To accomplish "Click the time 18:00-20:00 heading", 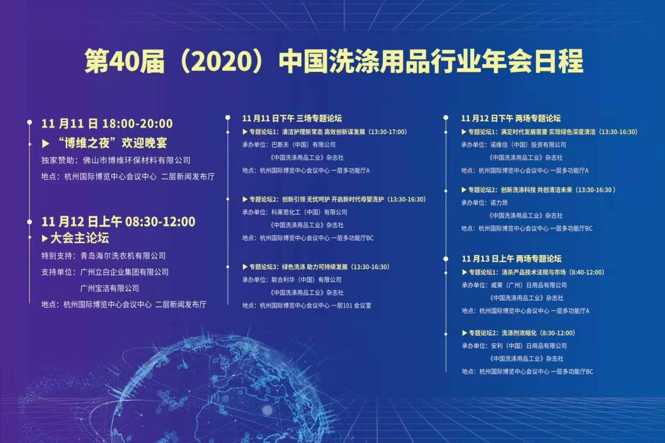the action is [x=137, y=123].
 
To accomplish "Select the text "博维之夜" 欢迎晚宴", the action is [x=112, y=143].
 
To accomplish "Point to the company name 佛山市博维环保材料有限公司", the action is [x=137, y=160].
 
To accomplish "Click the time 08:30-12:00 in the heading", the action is [x=160, y=221].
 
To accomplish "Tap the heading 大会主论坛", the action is [x=80, y=238].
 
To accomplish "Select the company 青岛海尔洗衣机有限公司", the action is [x=123, y=256].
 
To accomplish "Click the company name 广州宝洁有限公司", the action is [x=109, y=288].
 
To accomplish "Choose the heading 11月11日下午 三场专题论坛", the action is [x=292, y=119].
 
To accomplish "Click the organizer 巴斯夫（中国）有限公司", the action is [x=303, y=145].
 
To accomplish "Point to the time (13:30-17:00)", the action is [x=388, y=132].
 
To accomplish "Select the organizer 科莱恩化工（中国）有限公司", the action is [x=309, y=212].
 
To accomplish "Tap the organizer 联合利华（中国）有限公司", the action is [x=306, y=280].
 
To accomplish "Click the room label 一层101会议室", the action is [x=351, y=306].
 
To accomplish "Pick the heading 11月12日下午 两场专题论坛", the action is [x=510, y=119].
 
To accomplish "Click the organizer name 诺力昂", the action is [x=499, y=203].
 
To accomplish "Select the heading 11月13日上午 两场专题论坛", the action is [x=512, y=259].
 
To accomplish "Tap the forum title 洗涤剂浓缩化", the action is [x=519, y=333].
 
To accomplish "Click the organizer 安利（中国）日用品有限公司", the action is [x=529, y=346].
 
